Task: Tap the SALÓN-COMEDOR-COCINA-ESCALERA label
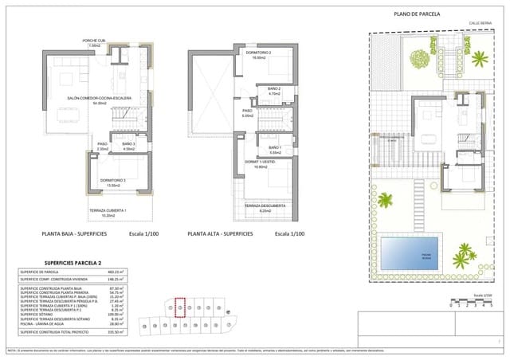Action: pos(99,98)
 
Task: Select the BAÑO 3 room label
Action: pos(129,143)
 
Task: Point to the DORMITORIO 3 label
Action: pos(113,180)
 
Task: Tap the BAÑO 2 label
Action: pos(274,88)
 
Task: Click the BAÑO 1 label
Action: pos(274,148)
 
